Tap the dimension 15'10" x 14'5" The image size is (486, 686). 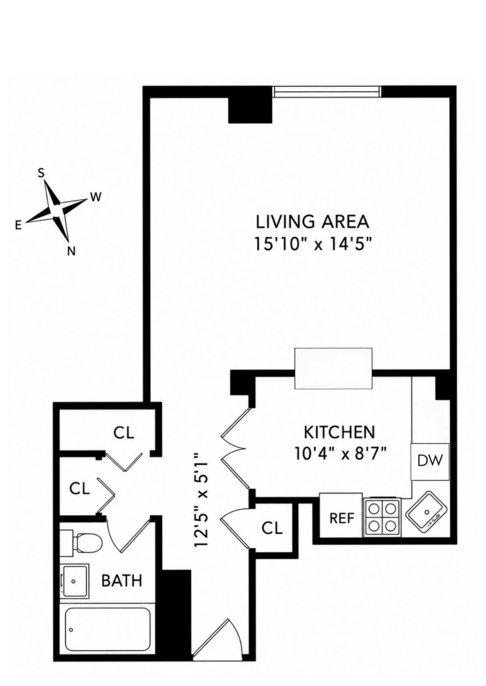[x=313, y=245]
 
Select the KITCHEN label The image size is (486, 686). [x=339, y=432]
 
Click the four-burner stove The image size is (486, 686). [x=382, y=520]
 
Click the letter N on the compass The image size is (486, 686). [x=71, y=251]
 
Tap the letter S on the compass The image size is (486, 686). [x=41, y=174]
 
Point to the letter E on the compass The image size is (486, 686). [x=18, y=226]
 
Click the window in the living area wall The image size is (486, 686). [x=327, y=91]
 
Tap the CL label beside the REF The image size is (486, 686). [x=272, y=528]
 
